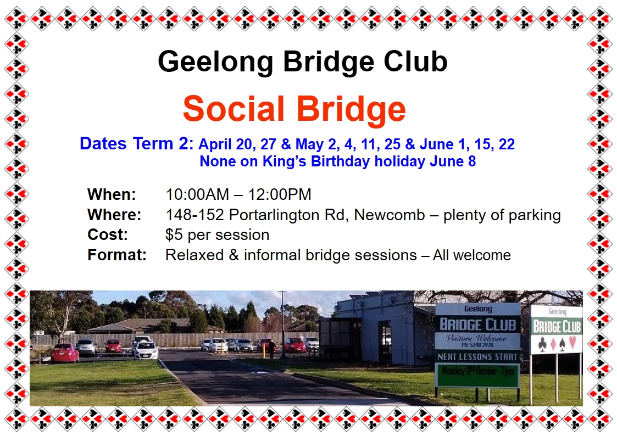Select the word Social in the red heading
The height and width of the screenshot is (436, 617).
(234, 109)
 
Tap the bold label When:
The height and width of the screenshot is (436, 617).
(112, 194)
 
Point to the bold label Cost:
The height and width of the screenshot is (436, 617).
(108, 234)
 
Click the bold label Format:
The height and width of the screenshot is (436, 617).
(117, 255)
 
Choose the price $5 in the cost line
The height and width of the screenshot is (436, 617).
(174, 234)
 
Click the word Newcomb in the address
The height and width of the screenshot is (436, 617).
(389, 215)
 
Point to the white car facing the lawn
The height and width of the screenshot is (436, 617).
(146, 350)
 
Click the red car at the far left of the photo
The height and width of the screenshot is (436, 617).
(65, 353)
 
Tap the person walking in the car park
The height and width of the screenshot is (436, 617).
(271, 349)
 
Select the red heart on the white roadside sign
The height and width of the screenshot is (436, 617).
(572, 342)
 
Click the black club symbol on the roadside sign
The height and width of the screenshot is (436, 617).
(542, 344)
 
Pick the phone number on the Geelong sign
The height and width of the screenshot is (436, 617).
(477, 345)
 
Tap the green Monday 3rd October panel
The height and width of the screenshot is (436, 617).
(477, 374)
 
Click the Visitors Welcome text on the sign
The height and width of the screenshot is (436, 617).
(476, 337)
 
